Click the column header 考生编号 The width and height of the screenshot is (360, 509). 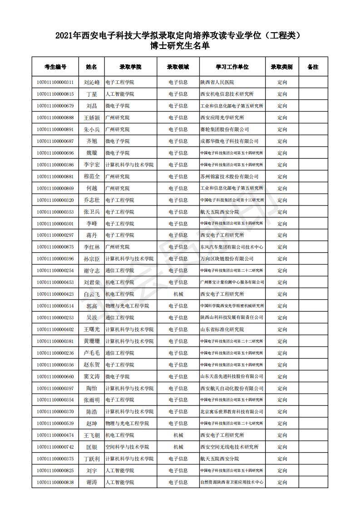pos(55,67)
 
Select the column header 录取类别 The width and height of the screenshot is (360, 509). pos(281,67)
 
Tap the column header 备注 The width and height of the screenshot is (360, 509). pos(313,67)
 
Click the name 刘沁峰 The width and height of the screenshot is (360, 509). pos(91,83)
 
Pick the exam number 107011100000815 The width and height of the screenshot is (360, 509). pos(55,94)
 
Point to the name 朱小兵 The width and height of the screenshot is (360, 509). pos(91,129)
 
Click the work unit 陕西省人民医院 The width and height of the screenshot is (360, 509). pos(217,83)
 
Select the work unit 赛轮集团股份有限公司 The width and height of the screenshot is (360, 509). pos(224,129)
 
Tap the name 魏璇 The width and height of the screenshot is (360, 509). pos(91,153)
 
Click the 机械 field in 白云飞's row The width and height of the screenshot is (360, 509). pos(178,294)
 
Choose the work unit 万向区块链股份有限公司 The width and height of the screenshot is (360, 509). pos(227,259)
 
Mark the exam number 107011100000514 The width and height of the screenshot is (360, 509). pos(55,306)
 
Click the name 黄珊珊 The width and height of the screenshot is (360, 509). pos(91,341)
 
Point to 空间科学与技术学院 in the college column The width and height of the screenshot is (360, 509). pos(127,447)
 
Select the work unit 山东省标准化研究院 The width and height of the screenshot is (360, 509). pos(222,329)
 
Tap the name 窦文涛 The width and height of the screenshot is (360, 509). pos(91,377)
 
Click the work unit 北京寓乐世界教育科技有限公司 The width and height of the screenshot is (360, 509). pos(232,411)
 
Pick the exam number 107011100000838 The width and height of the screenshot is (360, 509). pos(55,482)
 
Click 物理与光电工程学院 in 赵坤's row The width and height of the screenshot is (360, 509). pos(127,423)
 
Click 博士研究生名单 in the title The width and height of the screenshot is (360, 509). pos(180,45)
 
